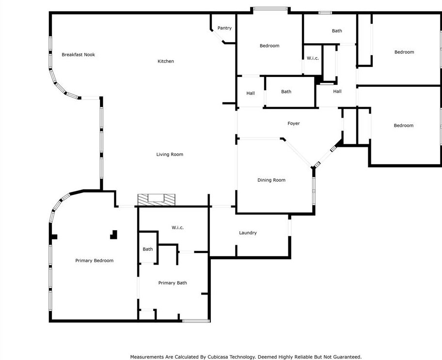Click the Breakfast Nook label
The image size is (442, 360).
point(78,55)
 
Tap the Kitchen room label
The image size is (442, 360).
point(165,62)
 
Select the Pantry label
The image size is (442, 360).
point(224,28)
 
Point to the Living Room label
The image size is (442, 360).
point(170,155)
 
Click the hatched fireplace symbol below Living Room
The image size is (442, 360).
point(156,199)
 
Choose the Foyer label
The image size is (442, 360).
point(293,124)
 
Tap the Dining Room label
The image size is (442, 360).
point(271,180)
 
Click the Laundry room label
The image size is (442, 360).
point(248,233)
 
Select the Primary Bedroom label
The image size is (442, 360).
point(94,261)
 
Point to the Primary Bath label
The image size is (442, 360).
point(173,283)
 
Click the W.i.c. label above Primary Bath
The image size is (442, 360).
point(177,228)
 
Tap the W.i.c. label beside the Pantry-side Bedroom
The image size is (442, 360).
point(313,59)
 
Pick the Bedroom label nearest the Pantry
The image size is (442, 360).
point(269,46)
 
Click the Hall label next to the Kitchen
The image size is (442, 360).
point(250,94)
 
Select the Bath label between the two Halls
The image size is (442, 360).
point(286,92)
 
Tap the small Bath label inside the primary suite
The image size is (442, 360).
point(147,250)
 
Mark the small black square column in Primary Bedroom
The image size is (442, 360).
point(114,235)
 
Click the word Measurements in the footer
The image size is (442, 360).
point(148,357)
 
